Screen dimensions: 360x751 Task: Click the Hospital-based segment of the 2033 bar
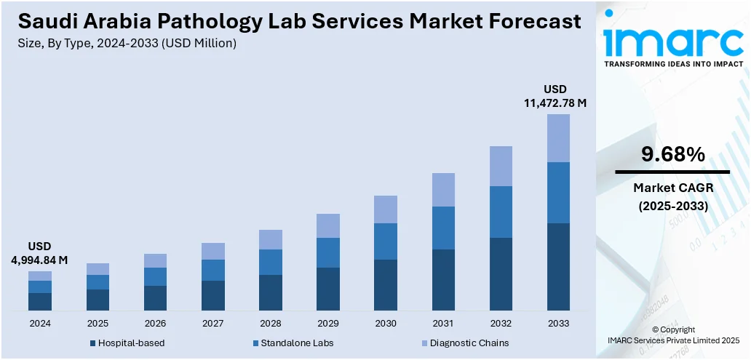pyautogui.click(x=558, y=267)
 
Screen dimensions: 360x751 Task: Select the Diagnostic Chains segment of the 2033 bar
pyautogui.click(x=558, y=138)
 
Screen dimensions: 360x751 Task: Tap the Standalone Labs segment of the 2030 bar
pyautogui.click(x=386, y=241)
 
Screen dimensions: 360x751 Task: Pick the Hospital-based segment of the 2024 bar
pyautogui.click(x=40, y=302)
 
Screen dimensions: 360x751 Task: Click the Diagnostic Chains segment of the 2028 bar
pyautogui.click(x=271, y=239)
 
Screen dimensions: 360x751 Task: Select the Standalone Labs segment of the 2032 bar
pyautogui.click(x=501, y=212)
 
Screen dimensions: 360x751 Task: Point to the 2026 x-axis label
pyautogui.click(x=155, y=323)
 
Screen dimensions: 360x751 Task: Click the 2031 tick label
pyautogui.click(x=443, y=323)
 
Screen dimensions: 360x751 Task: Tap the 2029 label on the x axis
pyautogui.click(x=328, y=323)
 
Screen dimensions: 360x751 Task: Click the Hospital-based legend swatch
pyautogui.click(x=92, y=343)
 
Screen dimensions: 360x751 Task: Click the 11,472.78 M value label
pyautogui.click(x=555, y=103)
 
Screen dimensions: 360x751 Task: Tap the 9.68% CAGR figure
pyautogui.click(x=672, y=154)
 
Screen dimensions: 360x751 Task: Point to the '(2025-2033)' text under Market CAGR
pyautogui.click(x=673, y=206)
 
